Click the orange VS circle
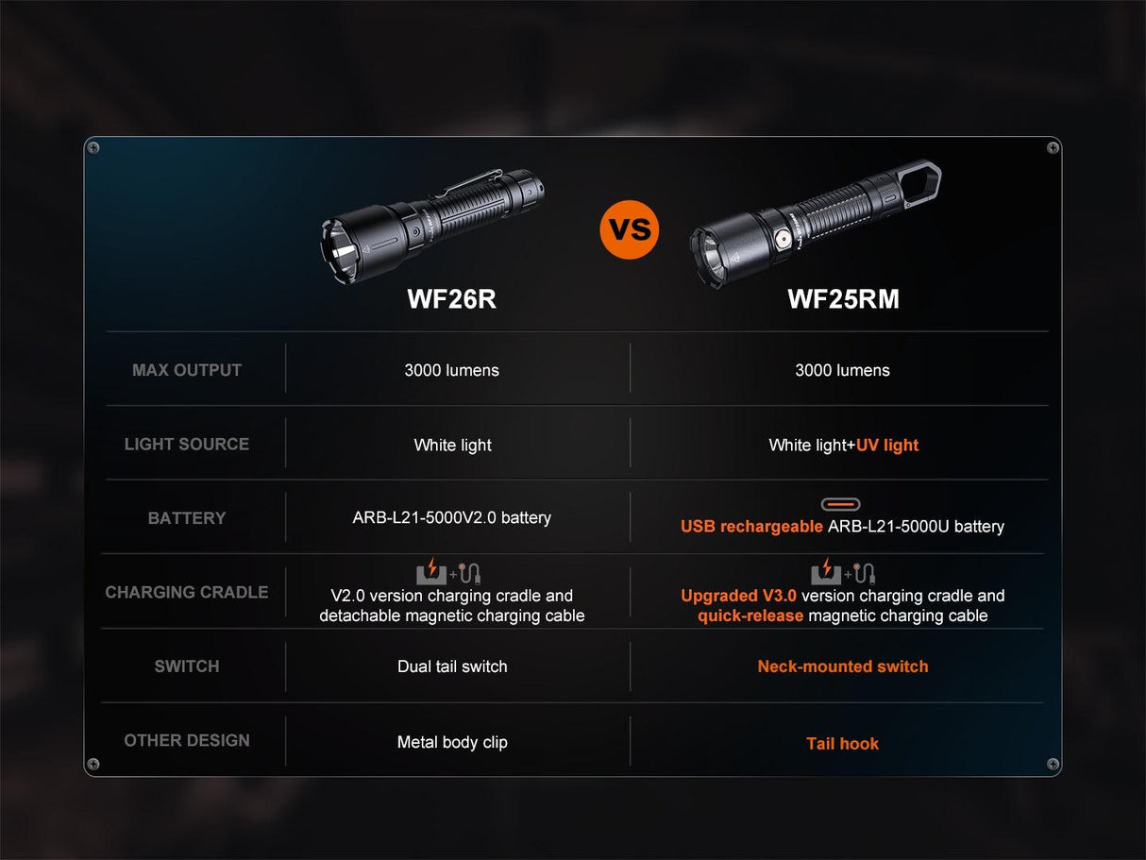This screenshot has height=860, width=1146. pyautogui.click(x=629, y=229)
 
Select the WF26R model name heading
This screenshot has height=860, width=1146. pyautogui.click(x=451, y=299)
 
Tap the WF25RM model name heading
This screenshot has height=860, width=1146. pyautogui.click(x=843, y=299)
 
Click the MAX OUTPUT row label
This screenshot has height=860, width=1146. pyautogui.click(x=187, y=370)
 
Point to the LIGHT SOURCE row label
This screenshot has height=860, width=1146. pyautogui.click(x=187, y=444)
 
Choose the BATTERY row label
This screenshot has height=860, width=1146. pyautogui.click(x=187, y=518)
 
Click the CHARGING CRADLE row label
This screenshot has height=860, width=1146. pyautogui.click(x=187, y=592)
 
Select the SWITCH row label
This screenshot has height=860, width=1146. pyautogui.click(x=187, y=666)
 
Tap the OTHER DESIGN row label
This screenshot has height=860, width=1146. pyautogui.click(x=187, y=740)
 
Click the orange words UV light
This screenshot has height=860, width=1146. pyautogui.click(x=887, y=445)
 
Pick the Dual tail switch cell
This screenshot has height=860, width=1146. pyautogui.click(x=452, y=666)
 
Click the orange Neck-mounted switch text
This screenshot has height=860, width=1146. pyautogui.click(x=843, y=666)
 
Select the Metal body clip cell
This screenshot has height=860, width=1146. pyautogui.click(x=452, y=742)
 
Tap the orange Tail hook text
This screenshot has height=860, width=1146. pyautogui.click(x=843, y=744)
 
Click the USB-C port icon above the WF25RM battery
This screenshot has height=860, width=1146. pyautogui.click(x=840, y=505)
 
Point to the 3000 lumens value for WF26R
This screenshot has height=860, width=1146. pyautogui.click(x=451, y=370)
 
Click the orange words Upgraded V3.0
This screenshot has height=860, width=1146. pyautogui.click(x=739, y=596)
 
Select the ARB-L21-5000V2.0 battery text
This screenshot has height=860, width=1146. pyautogui.click(x=451, y=517)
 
